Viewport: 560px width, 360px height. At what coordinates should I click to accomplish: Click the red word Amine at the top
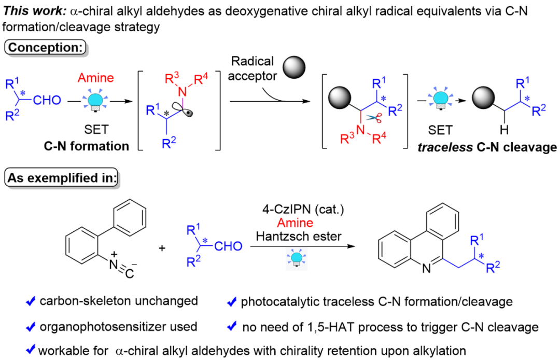pyautogui.click(x=95, y=78)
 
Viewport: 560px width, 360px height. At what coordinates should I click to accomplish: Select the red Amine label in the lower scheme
pyautogui.click(x=295, y=223)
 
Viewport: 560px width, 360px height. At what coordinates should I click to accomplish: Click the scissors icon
pyautogui.click(x=374, y=118)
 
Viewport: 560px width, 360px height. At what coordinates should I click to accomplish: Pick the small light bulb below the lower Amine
pyautogui.click(x=297, y=258)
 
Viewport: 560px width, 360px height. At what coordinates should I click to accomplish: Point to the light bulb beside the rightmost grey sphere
pyautogui.click(x=441, y=100)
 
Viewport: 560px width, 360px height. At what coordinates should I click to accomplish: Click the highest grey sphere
pyautogui.click(x=293, y=67)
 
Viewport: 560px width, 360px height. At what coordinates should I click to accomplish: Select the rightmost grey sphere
pyautogui.click(x=483, y=98)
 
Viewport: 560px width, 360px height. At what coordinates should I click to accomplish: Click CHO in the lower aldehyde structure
pyautogui.click(x=228, y=246)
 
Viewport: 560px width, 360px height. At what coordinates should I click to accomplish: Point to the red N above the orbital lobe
pyautogui.click(x=182, y=92)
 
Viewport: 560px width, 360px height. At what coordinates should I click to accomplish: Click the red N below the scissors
pyautogui.click(x=360, y=130)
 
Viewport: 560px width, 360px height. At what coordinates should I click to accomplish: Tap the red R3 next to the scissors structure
pyautogui.click(x=346, y=139)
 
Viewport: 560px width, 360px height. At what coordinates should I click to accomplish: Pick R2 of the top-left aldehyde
pyautogui.click(x=12, y=116)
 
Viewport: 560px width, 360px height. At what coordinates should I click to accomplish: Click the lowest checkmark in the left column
pyautogui.click(x=31, y=349)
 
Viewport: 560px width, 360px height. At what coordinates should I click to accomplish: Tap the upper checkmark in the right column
pyautogui.click(x=232, y=301)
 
